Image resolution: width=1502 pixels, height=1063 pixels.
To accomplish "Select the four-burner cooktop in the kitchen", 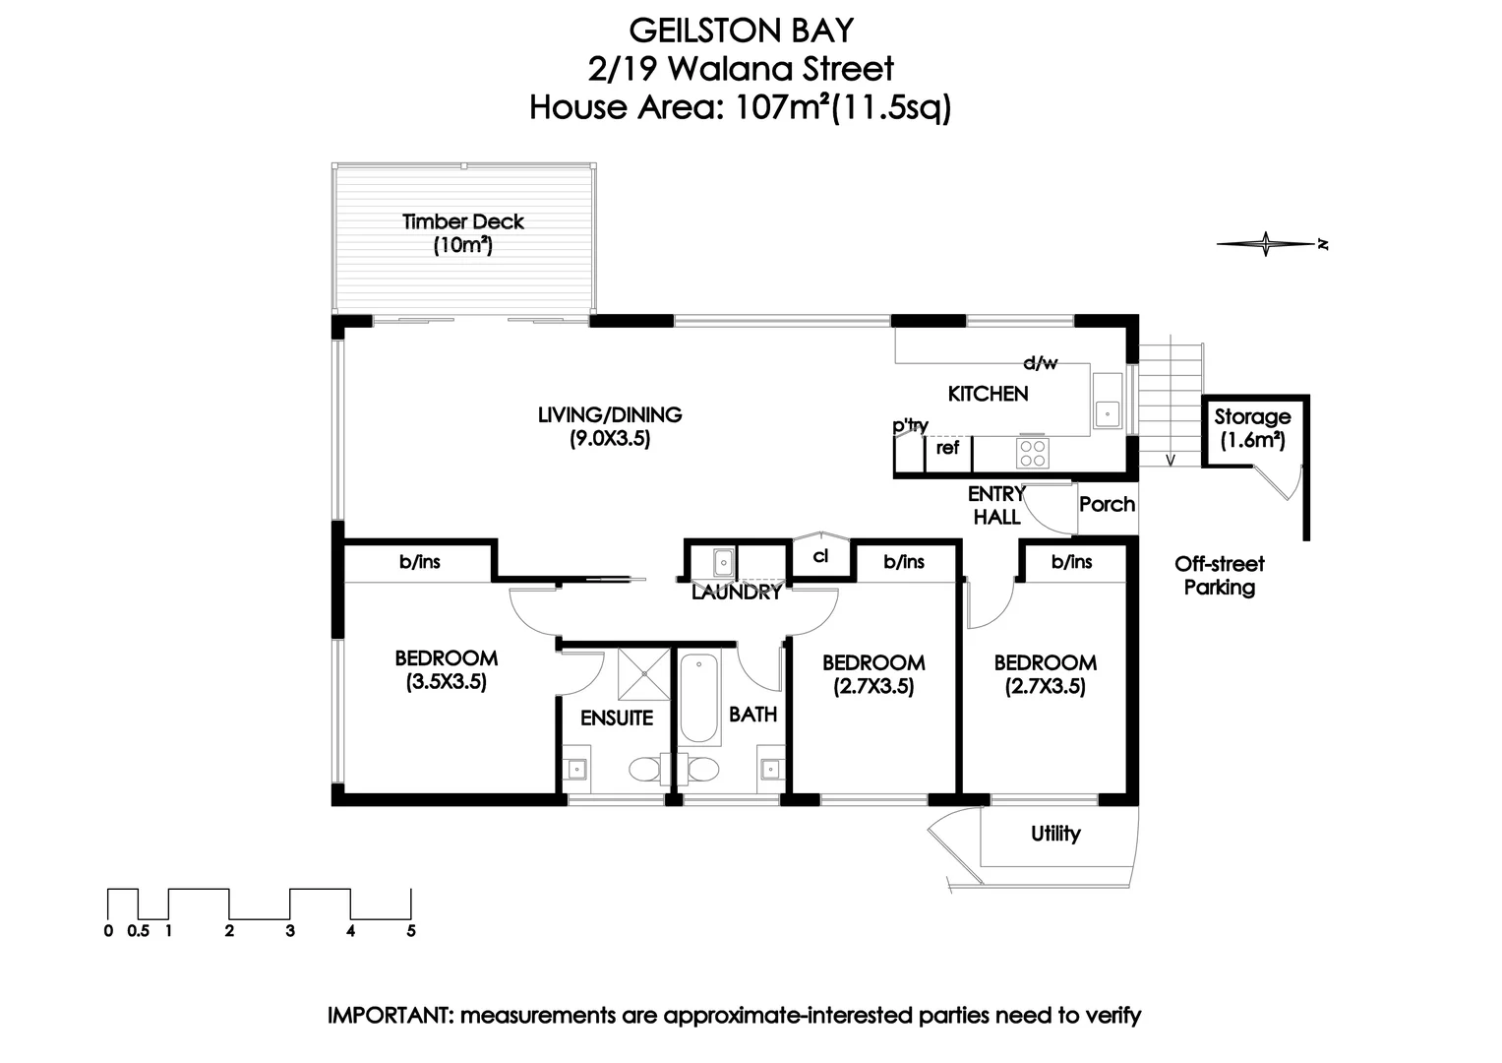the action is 1032,453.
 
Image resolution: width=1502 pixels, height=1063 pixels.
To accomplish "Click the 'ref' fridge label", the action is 947,449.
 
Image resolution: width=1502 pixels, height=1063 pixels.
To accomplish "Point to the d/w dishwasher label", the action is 1040,363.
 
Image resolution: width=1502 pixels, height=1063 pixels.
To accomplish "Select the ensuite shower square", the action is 643,673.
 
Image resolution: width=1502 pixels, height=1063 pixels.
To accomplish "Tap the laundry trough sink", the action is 722,562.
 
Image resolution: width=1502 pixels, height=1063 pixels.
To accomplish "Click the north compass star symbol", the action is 1266,244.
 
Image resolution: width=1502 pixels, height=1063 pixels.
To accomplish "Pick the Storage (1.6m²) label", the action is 1252,428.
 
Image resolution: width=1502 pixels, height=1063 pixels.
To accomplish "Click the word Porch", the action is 1107,505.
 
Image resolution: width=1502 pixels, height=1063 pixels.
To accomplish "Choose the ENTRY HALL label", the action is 996,505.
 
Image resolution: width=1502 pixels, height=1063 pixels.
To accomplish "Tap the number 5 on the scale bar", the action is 411,931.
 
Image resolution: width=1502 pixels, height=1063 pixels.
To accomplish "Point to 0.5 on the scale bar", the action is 138,931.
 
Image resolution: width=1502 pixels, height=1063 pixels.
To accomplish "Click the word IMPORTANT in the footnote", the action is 388,1016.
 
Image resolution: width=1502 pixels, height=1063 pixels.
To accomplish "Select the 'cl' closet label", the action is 821,556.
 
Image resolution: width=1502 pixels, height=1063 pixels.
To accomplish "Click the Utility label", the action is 1055,835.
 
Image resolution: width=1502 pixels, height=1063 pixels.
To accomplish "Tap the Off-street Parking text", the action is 1219,576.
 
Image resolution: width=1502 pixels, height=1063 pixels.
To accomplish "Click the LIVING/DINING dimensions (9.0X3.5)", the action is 610,440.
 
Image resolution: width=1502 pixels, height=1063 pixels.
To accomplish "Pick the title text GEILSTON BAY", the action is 741,31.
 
